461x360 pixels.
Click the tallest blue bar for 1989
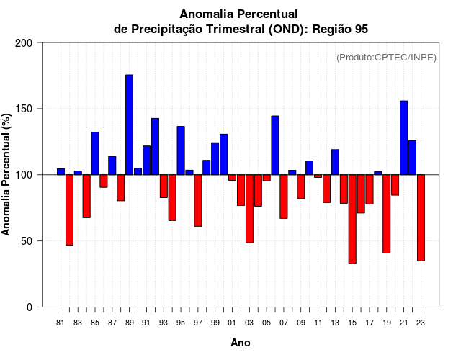[x=130, y=124]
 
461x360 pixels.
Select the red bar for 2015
[x=352, y=219]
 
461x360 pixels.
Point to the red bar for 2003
[x=249, y=209]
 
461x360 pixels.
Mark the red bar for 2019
[x=387, y=214]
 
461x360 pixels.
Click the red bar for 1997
[x=198, y=200]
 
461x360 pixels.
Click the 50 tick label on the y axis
[x=27, y=241]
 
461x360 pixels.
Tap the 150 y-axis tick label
[x=24, y=109]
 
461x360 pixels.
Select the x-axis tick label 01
[x=232, y=323]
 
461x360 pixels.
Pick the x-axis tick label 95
[x=181, y=323]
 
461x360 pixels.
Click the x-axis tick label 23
[x=421, y=323]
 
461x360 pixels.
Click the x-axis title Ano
[x=241, y=343]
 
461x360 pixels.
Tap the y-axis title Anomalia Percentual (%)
[x=7, y=175]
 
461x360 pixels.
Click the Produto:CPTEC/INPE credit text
[x=386, y=58]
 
